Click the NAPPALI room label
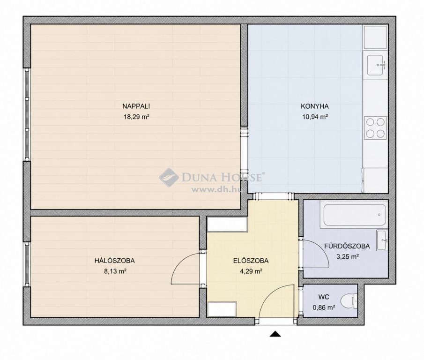click(136, 106)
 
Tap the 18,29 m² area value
click(136, 117)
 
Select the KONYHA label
click(314, 106)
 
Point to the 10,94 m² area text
click(315, 117)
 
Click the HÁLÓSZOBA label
click(114, 261)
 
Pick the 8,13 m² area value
click(115, 271)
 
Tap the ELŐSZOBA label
click(251, 261)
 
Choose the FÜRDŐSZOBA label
click(347, 246)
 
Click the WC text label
click(324, 297)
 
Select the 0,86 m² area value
click(324, 307)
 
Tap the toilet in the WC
click(349, 301)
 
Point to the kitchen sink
click(375, 65)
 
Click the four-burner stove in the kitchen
click(375, 128)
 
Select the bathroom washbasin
click(382, 240)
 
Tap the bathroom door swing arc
click(322, 248)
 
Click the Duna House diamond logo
click(169, 178)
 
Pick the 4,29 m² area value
click(251, 271)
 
